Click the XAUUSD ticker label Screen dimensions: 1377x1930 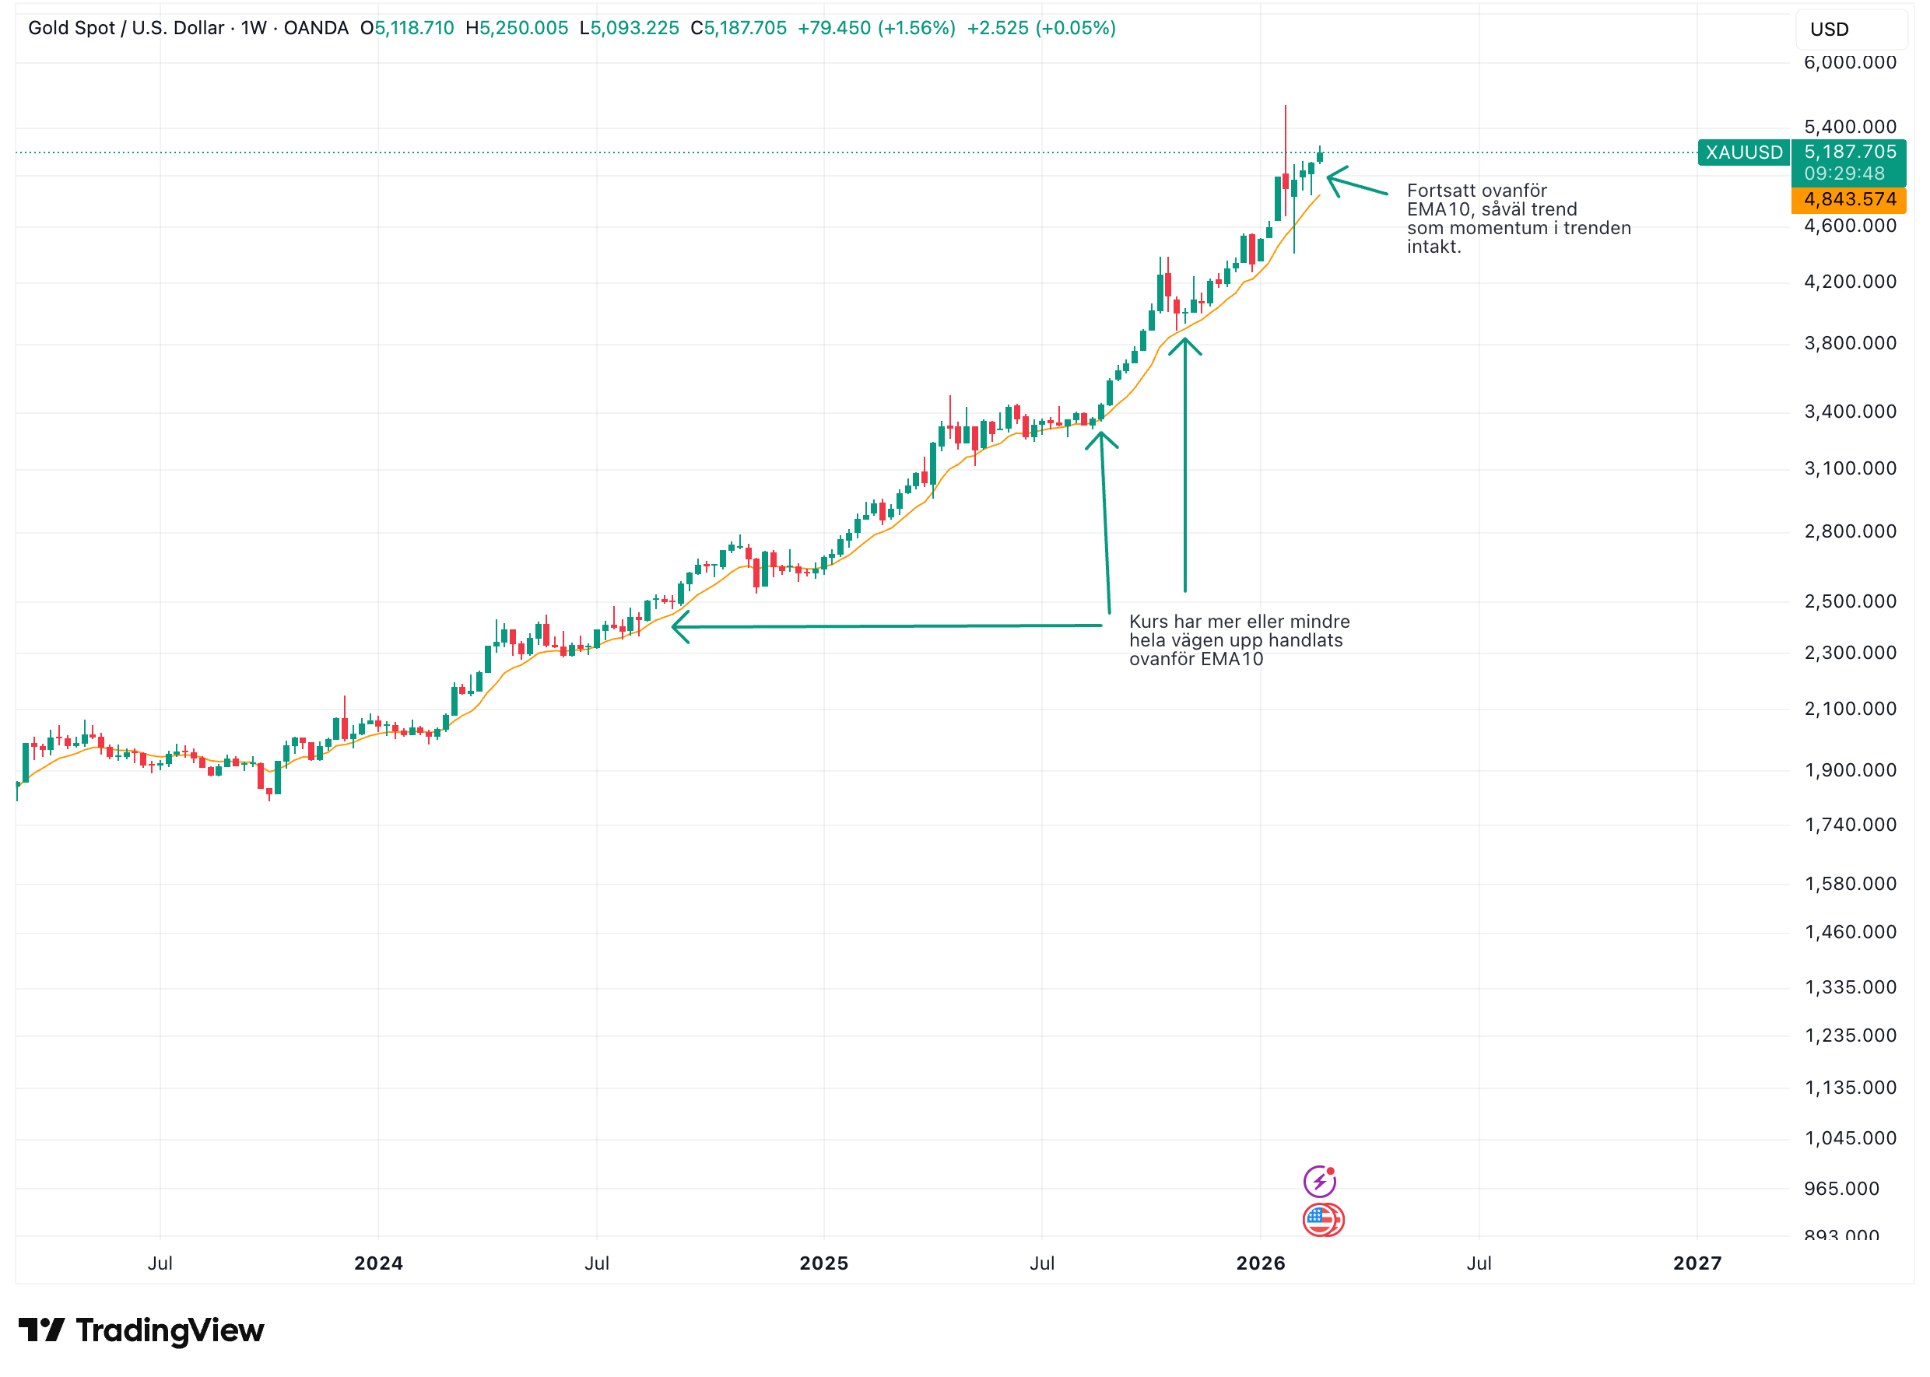(x=1742, y=152)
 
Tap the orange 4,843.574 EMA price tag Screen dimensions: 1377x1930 (x=1848, y=199)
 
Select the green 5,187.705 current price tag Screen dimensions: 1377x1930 (x=1848, y=152)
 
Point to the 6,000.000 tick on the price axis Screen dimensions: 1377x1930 (x=1848, y=63)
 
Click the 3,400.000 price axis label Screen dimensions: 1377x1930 (x=1848, y=412)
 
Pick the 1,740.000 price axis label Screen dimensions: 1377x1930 (x=1848, y=825)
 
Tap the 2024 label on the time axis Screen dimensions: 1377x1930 (x=378, y=1263)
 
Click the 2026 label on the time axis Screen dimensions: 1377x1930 (x=1260, y=1263)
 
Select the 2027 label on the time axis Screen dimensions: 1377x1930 (x=1697, y=1263)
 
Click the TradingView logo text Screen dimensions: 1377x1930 (x=170, y=1330)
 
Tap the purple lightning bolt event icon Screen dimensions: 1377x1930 (x=1318, y=1180)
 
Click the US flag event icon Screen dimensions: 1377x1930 (x=1321, y=1219)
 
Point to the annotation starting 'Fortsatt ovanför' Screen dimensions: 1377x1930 (x=1517, y=219)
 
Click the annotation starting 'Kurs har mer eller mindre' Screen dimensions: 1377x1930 (x=1238, y=640)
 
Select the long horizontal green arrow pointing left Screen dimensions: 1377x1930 (x=886, y=626)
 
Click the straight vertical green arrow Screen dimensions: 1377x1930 (x=1184, y=466)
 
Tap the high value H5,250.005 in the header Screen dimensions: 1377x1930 (x=517, y=28)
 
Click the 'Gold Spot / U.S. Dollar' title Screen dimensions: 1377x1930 (x=125, y=28)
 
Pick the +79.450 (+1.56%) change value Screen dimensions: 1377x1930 (x=876, y=28)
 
